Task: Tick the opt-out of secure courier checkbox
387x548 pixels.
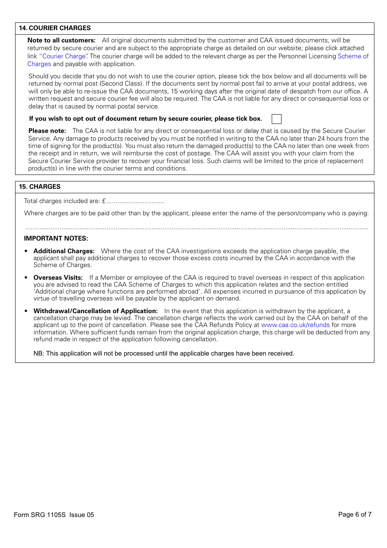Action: [x=277, y=119]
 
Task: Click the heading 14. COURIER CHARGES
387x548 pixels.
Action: [x=55, y=28]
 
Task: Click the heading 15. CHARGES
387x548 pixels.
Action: [x=40, y=187]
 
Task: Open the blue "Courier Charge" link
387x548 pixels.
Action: [x=63, y=56]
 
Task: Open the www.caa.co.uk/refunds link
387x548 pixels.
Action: [x=295, y=325]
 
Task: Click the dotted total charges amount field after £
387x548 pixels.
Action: [x=135, y=201]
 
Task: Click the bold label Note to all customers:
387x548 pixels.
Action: [x=62, y=40]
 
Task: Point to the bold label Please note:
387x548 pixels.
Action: [x=47, y=131]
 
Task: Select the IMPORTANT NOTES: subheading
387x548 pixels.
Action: [x=56, y=239]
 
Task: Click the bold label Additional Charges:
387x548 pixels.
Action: [x=64, y=251]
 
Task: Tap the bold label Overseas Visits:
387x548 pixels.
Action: [x=58, y=278]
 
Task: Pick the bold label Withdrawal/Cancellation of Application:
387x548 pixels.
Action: [x=95, y=311]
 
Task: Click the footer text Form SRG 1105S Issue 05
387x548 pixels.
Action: [x=54, y=515]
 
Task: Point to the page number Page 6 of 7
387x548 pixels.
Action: [x=354, y=515]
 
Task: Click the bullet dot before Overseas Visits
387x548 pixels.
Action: [x=26, y=278]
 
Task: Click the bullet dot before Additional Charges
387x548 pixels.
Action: [x=26, y=251]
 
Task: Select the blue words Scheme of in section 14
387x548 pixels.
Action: [x=353, y=56]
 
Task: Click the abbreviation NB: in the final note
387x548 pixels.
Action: [x=39, y=354]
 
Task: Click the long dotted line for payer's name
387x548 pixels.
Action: [x=196, y=229]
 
